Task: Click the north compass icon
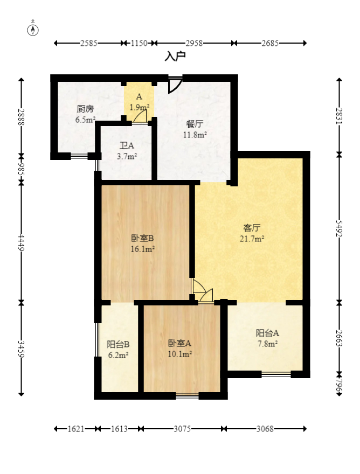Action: [x=33, y=29]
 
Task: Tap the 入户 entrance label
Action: [x=175, y=56]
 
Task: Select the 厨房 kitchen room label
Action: [x=85, y=109]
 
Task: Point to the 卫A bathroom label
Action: [x=127, y=145]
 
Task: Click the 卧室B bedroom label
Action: [x=143, y=238]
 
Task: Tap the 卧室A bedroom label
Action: [x=180, y=343]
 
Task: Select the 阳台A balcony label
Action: [x=267, y=333]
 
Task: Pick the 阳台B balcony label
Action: [x=117, y=344]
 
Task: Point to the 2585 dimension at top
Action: [x=88, y=44]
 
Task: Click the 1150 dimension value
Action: [x=139, y=44]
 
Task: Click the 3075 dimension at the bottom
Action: [x=182, y=429]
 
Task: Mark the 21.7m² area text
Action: [x=252, y=239]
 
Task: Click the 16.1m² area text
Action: [x=143, y=249]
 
